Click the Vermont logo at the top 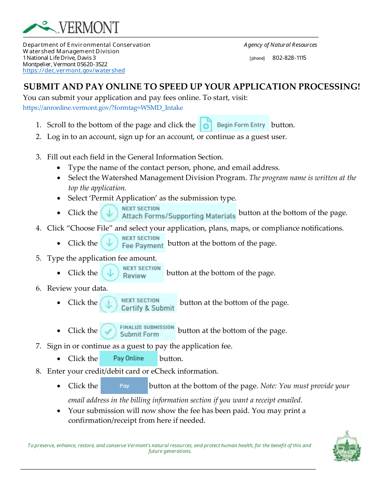click(x=71, y=27)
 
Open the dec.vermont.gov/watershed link click(x=74, y=71)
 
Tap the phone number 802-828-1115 click(x=289, y=58)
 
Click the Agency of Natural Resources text click(x=280, y=45)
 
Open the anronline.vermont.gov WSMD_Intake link click(x=103, y=108)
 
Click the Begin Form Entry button click(x=233, y=124)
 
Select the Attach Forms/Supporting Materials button click(x=169, y=213)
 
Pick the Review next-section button click(x=132, y=272)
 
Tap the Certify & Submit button click(x=138, y=303)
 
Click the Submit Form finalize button click(x=137, y=331)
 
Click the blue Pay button click(x=124, y=386)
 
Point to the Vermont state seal click(x=347, y=446)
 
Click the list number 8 click(x=38, y=371)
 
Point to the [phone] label click(x=257, y=59)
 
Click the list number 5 click(x=38, y=258)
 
